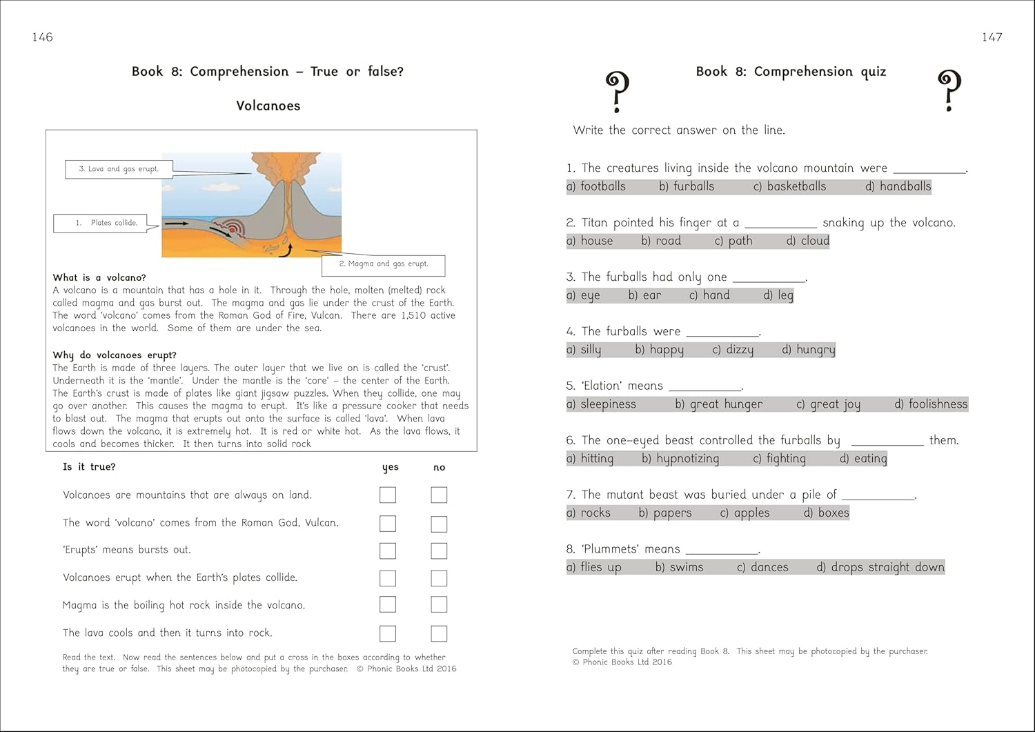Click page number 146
(42, 37)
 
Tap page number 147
(992, 37)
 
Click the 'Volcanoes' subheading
(268, 106)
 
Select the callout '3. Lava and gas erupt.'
(118, 169)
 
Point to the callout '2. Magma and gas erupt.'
(383, 264)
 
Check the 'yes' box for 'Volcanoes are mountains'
(388, 495)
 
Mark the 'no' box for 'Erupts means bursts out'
(439, 551)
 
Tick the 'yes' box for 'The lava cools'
(388, 633)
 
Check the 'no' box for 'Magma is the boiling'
(439, 605)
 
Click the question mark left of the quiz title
(616, 92)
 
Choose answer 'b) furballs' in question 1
(687, 186)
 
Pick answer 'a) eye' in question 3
(583, 295)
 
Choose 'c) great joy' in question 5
(828, 404)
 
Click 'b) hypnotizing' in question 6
(680, 459)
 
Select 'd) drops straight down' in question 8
(880, 567)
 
